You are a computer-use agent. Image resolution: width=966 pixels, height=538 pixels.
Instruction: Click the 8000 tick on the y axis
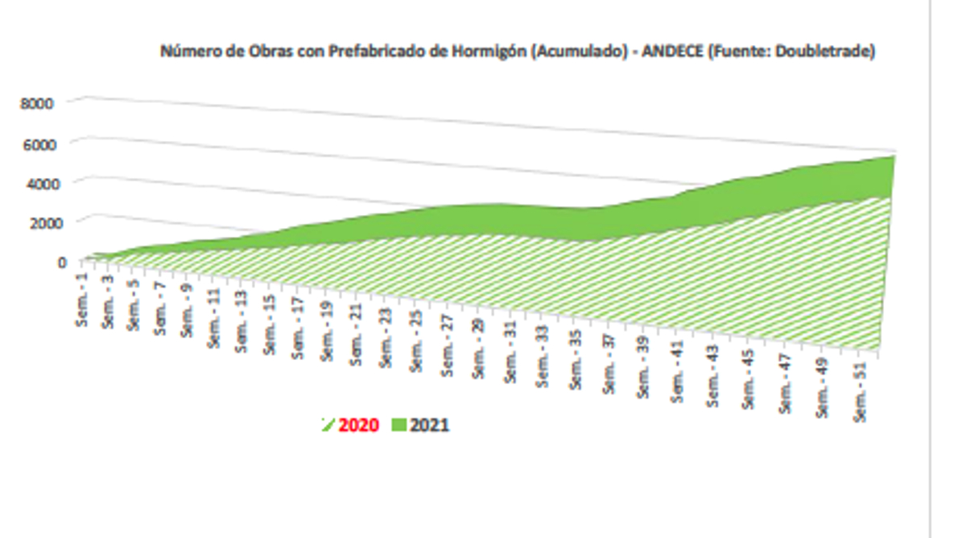(39, 103)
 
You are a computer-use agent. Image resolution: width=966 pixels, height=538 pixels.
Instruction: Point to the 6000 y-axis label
(39, 143)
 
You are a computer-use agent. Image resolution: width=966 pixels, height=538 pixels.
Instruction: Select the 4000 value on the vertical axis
(39, 183)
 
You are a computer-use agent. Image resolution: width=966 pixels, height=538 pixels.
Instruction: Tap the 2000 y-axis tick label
(39, 221)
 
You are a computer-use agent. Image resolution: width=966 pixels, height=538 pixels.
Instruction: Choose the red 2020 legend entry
(358, 425)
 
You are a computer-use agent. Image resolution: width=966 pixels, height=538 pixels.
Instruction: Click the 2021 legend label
(430, 425)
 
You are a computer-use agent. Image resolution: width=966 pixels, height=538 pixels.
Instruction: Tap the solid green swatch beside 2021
(399, 425)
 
